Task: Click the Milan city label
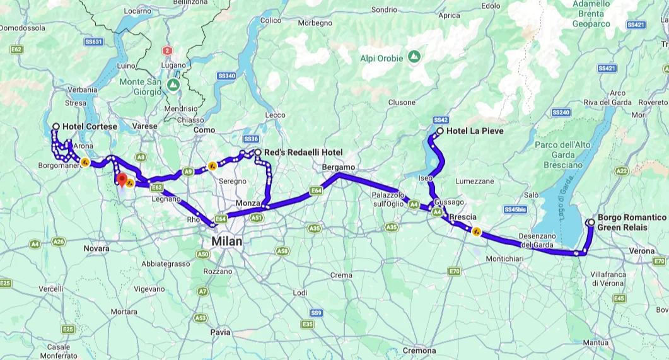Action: [226, 241]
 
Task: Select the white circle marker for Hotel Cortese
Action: [56, 127]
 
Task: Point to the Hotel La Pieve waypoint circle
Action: [440, 131]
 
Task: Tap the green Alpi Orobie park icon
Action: [414, 57]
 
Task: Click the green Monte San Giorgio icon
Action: [173, 83]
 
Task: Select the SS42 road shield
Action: [441, 120]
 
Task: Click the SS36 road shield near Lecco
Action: [251, 139]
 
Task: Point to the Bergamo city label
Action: [339, 167]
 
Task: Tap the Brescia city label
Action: [463, 216]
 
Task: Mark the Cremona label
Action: [419, 351]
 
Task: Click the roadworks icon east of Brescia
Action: [477, 231]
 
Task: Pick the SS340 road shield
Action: [226, 76]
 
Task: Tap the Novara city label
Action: [96, 249]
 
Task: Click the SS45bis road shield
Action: [516, 209]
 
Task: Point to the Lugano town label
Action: [173, 65]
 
